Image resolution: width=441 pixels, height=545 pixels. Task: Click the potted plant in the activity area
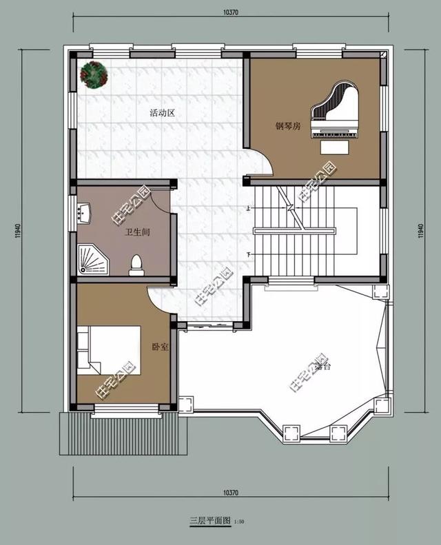tap(94, 74)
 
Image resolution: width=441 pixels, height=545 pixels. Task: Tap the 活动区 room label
tap(163, 112)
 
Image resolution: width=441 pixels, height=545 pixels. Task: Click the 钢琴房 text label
tap(288, 126)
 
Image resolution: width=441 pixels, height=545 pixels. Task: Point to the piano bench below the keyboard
tap(335, 148)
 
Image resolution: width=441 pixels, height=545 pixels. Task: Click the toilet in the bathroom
tap(136, 264)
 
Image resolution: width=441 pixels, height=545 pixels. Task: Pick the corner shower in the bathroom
tap(92, 260)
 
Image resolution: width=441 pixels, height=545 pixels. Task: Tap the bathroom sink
tap(84, 213)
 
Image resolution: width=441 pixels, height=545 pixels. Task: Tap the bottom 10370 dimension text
tap(232, 493)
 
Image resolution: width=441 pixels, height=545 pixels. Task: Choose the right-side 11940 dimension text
tap(420, 232)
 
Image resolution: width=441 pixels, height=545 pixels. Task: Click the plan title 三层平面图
tap(211, 521)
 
